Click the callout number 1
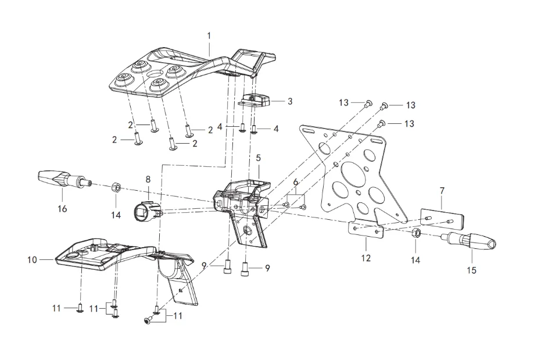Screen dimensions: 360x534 point(209,35)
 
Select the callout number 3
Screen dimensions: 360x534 point(290,101)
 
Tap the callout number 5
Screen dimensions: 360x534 point(258,158)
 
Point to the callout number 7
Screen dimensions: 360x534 point(442,191)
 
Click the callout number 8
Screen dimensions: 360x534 point(148,180)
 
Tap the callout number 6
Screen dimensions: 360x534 point(296,182)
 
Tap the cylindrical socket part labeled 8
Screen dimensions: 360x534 point(145,210)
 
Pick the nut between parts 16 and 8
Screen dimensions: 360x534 point(116,187)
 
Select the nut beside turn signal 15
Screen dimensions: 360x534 point(416,234)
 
